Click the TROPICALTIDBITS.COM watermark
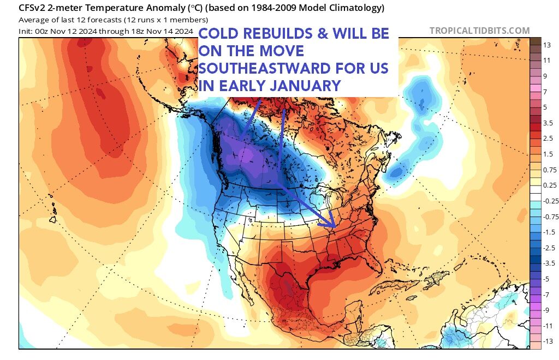[x=479, y=31]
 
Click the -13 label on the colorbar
[x=546, y=340]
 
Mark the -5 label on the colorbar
[x=546, y=278]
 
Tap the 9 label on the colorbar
[x=546, y=76]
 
